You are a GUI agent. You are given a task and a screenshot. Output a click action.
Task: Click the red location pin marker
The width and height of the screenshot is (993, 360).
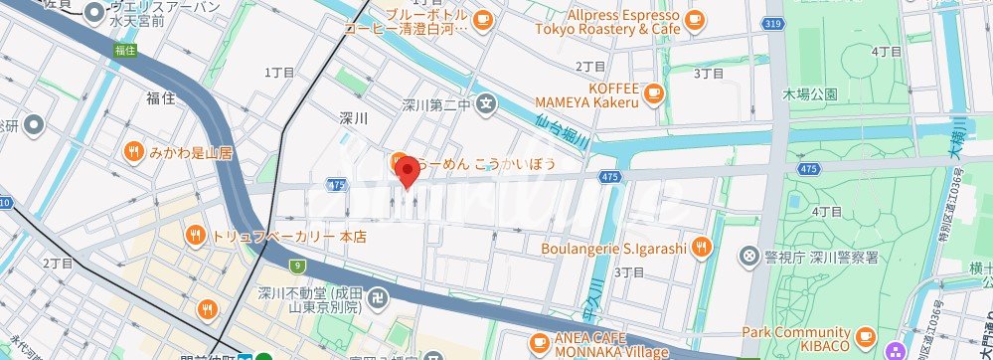[407, 171]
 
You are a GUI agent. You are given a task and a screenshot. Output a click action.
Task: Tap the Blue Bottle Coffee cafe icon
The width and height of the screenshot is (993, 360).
[482, 19]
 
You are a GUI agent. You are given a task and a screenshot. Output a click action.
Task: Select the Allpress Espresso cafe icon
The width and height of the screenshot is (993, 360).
[695, 19]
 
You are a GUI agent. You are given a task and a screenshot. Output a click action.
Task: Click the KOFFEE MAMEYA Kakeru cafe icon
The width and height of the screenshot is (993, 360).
[653, 93]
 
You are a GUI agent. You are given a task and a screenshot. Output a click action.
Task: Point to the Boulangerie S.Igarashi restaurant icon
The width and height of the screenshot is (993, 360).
[702, 247]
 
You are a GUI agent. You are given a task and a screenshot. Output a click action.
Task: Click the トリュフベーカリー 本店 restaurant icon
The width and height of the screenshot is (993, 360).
[195, 237]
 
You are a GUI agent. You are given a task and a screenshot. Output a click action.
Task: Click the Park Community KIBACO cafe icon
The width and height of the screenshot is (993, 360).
[865, 338]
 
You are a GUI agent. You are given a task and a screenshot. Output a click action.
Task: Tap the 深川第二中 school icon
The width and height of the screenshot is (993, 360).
[486, 101]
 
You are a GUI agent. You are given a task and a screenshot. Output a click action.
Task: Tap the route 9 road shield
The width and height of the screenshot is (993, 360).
[297, 265]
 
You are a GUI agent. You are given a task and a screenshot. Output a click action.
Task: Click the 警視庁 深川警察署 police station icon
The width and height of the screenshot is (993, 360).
[750, 256]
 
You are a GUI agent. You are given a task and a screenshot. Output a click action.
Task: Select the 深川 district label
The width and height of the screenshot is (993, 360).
[354, 117]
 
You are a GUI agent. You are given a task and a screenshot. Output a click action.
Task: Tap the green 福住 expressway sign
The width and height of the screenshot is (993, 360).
[124, 49]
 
